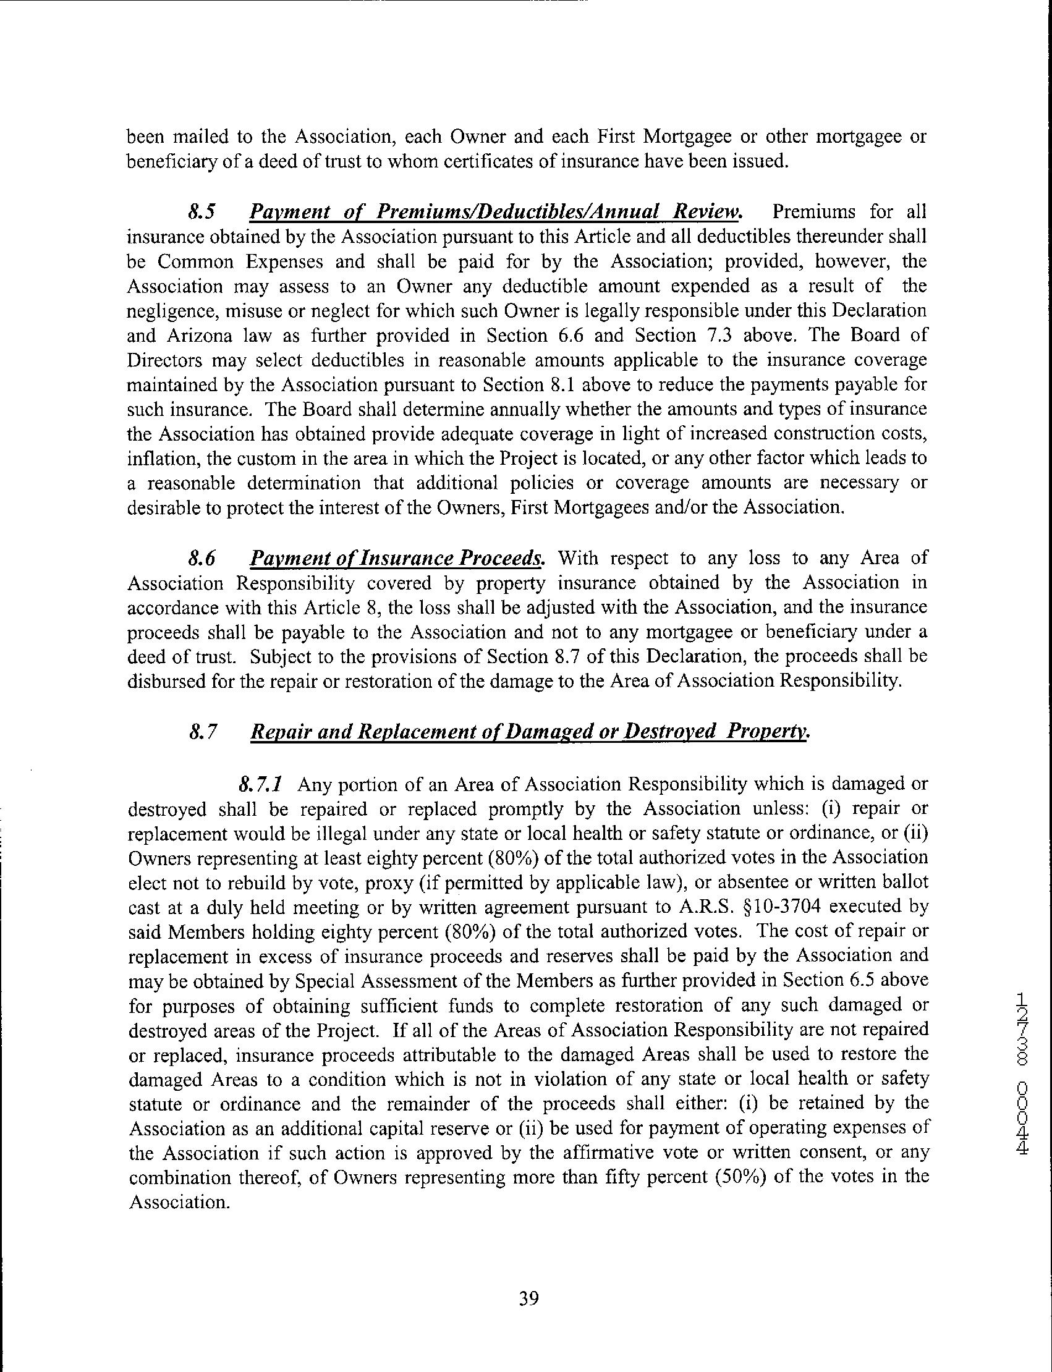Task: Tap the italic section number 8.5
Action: (201, 212)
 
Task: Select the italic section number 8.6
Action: (201, 559)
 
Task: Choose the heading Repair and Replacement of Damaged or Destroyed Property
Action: (529, 732)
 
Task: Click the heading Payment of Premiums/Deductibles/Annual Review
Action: (495, 212)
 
